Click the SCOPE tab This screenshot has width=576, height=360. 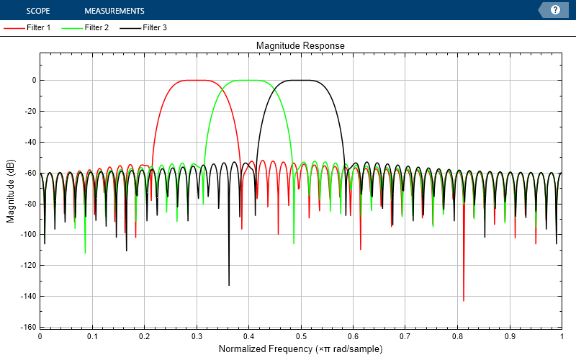coord(38,11)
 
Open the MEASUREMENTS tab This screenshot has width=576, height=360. coord(114,11)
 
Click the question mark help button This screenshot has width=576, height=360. coord(555,10)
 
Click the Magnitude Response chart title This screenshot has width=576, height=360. coord(300,45)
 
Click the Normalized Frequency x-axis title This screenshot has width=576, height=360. coord(300,349)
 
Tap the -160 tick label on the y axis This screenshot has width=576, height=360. coord(27,327)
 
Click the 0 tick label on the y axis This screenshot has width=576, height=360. coord(33,81)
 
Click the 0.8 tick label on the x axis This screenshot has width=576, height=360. coord(456,336)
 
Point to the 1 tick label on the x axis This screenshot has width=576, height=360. coord(561,336)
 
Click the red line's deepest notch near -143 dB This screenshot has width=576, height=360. coord(463,300)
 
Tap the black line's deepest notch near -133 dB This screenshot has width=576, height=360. coord(229,284)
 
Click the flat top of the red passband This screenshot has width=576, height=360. coord(196,80)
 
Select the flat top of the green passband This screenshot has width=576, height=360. coord(248,80)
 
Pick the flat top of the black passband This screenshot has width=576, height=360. coord(300,80)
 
